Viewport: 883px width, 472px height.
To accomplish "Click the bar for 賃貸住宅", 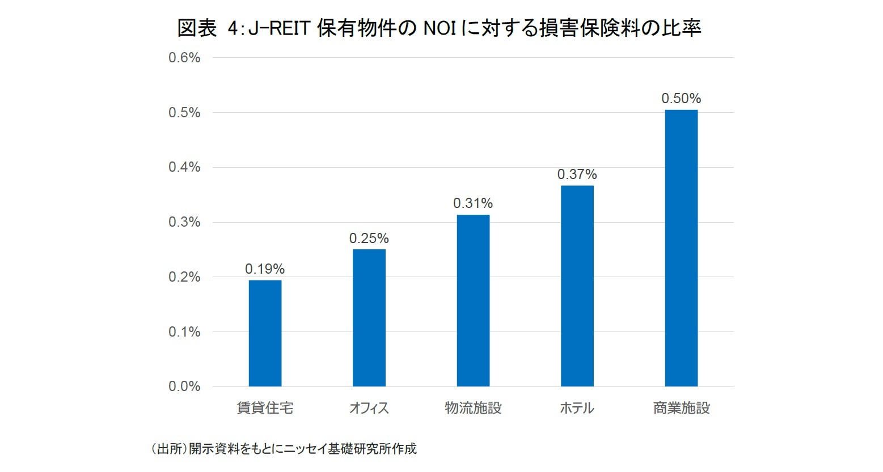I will pos(265,333).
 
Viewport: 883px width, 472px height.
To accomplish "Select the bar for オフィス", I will pos(369,318).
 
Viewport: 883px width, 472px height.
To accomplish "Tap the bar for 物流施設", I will pos(473,300).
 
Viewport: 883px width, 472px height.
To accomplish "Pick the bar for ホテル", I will pos(577,286).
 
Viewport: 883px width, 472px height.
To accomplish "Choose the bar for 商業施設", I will pos(681,248).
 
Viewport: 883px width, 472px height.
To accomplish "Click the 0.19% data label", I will pos(265,269).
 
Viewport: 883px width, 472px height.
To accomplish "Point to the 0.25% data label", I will pos(369,239).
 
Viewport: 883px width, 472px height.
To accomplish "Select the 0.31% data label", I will pos(473,203).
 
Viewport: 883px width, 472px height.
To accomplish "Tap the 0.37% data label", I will pos(577,175).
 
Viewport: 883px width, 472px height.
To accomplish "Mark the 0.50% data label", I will pos(681,99).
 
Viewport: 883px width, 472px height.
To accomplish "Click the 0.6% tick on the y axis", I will pos(184,58).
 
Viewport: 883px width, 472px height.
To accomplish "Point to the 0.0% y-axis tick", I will pos(184,386).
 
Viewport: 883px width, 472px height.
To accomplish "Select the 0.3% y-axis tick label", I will pos(184,222).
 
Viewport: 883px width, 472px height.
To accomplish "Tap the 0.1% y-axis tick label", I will pos(184,332).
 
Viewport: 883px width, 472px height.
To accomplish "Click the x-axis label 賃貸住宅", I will pos(265,408).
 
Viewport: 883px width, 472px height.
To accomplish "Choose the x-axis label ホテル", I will pos(577,408).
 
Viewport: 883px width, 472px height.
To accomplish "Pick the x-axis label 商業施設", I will pos(681,408).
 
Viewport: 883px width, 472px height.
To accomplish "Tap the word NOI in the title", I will pos(440,28).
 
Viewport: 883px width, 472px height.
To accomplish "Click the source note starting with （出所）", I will pos(284,449).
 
